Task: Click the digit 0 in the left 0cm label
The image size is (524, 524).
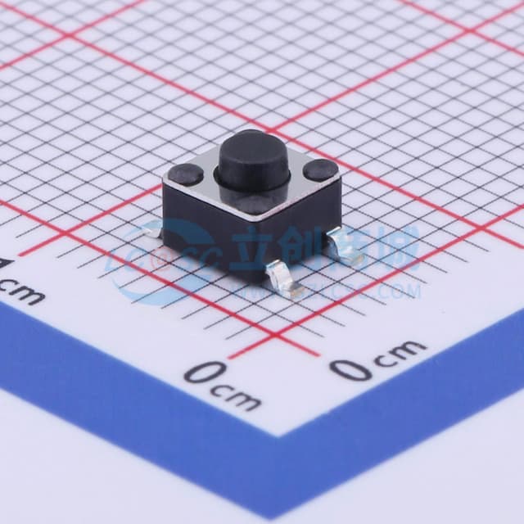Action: click(200, 373)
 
